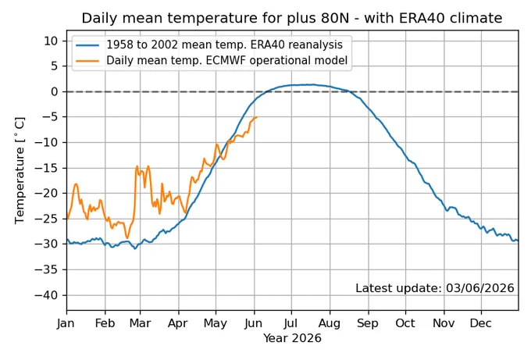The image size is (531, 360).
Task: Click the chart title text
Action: pos(292,18)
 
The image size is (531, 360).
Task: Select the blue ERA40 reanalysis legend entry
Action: pos(209,45)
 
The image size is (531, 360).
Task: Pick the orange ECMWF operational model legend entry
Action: pos(212,60)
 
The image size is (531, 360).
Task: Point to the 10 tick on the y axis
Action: pos(51,41)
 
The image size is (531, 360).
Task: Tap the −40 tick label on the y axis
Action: pos(46,295)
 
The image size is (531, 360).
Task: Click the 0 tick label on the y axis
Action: pos(55,92)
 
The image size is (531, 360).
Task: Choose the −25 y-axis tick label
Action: pos(46,219)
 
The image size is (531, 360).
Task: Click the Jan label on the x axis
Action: pos(66,323)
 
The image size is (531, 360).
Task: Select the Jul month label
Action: pos(290,323)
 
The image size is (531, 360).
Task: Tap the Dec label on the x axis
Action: pos(480,323)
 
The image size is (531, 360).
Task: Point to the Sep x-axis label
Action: pos(368,323)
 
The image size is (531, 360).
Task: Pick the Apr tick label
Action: pos(178,323)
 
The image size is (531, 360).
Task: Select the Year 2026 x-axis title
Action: pos(292,338)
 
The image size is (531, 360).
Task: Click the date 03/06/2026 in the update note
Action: pos(480,288)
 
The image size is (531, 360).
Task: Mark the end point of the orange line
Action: pos(257,117)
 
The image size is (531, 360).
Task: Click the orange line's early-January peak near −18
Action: pos(76,184)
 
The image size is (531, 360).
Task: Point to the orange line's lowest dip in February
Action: pos(127,238)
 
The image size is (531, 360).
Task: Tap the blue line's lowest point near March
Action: pos(135,249)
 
